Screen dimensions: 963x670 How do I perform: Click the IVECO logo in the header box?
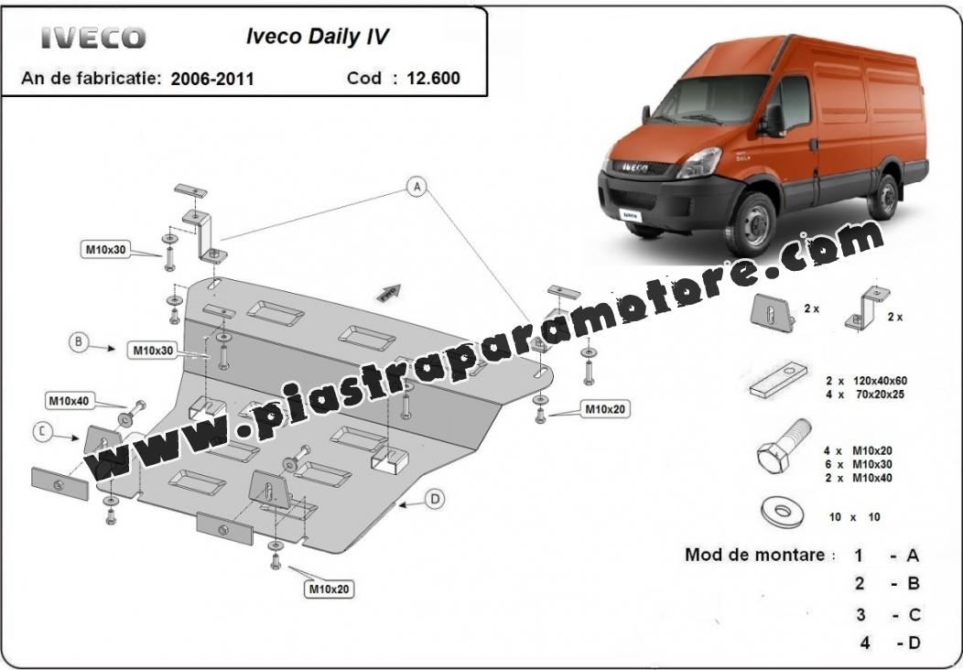(x=93, y=38)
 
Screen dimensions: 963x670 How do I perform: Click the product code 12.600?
(x=433, y=79)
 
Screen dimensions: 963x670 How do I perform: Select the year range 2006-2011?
(x=211, y=80)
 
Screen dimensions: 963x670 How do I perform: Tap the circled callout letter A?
(x=417, y=186)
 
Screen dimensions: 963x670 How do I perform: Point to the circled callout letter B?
(x=78, y=342)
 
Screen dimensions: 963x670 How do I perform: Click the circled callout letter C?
(x=42, y=432)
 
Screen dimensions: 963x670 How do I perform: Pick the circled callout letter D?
(x=435, y=499)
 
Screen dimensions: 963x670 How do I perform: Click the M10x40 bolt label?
(x=70, y=401)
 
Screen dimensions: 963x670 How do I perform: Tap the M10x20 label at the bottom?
(x=329, y=589)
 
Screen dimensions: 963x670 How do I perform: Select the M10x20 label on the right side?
(x=605, y=409)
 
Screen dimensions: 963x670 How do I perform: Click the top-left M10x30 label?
(x=105, y=249)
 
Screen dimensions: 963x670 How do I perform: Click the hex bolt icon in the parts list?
(x=784, y=447)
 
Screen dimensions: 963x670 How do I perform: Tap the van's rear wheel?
(x=883, y=197)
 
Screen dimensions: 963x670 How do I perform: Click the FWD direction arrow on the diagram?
(x=389, y=293)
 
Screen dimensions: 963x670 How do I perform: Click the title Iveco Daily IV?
(x=318, y=37)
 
